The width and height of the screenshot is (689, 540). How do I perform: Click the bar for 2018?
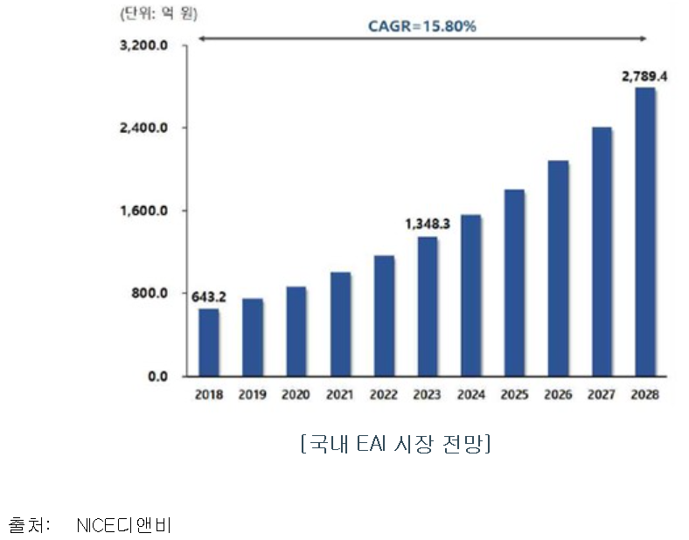[209, 342]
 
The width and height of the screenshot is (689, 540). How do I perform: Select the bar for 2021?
[340, 323]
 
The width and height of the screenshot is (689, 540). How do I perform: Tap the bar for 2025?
[515, 282]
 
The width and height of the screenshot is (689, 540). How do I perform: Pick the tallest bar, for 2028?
[645, 232]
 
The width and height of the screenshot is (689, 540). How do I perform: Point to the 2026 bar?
[559, 267]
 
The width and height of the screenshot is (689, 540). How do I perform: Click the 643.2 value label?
[209, 297]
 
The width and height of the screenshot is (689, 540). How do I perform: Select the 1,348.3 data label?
[427, 225]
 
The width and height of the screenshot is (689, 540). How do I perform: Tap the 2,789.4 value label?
[644, 76]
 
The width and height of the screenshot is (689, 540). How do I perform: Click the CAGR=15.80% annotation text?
[421, 26]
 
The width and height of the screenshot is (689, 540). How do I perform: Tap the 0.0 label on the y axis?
[158, 377]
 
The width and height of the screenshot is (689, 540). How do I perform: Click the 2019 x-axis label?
[253, 395]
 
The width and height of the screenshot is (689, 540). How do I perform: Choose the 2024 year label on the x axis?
[471, 395]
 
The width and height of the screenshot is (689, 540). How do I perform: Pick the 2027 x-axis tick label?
[602, 395]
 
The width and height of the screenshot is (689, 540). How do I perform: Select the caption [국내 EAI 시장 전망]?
[394, 445]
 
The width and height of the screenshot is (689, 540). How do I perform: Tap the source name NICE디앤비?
[124, 526]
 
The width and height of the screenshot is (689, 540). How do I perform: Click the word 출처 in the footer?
[30, 526]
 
